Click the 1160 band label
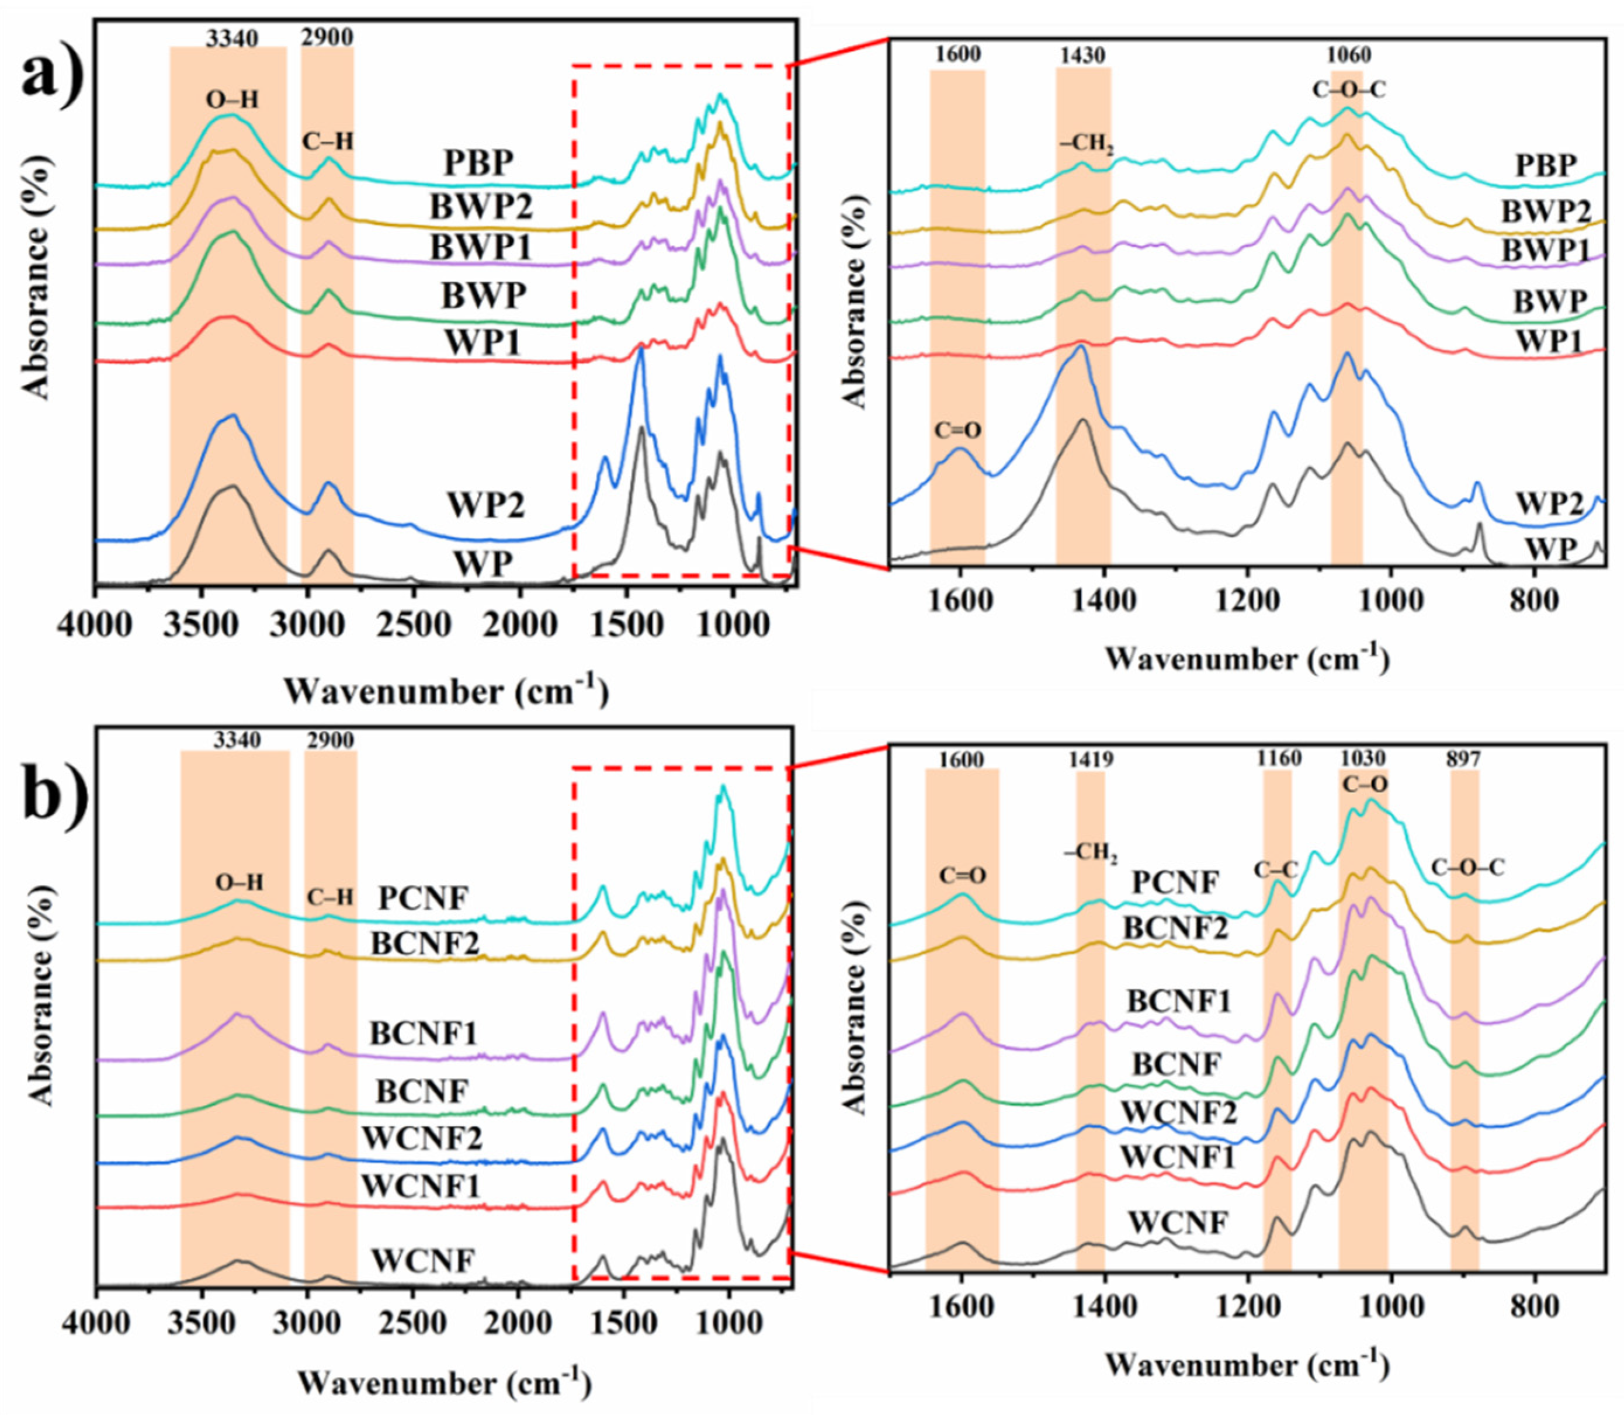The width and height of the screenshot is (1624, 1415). coord(1279,758)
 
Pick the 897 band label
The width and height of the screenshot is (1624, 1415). coord(1465,759)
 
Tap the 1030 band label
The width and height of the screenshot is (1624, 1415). coord(1363,759)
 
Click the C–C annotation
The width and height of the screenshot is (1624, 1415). coord(1276,869)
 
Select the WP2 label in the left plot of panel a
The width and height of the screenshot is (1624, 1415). coord(487,505)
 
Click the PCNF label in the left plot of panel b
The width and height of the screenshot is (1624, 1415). coord(424,898)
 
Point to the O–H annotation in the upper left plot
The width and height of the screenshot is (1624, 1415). coord(231,99)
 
